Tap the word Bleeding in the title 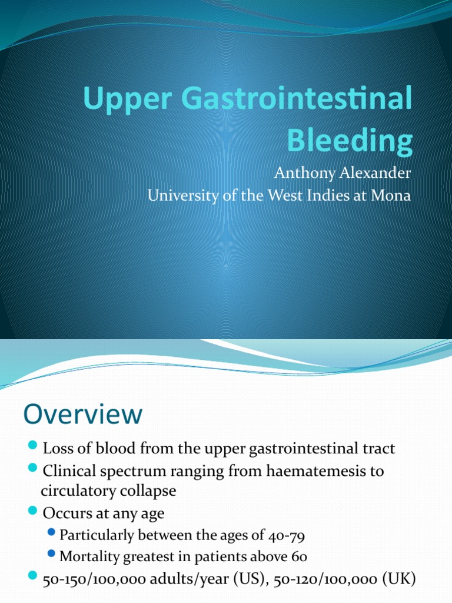(350, 142)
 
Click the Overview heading (83, 415)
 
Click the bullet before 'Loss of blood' (32, 447)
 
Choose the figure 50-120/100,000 (320, 579)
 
